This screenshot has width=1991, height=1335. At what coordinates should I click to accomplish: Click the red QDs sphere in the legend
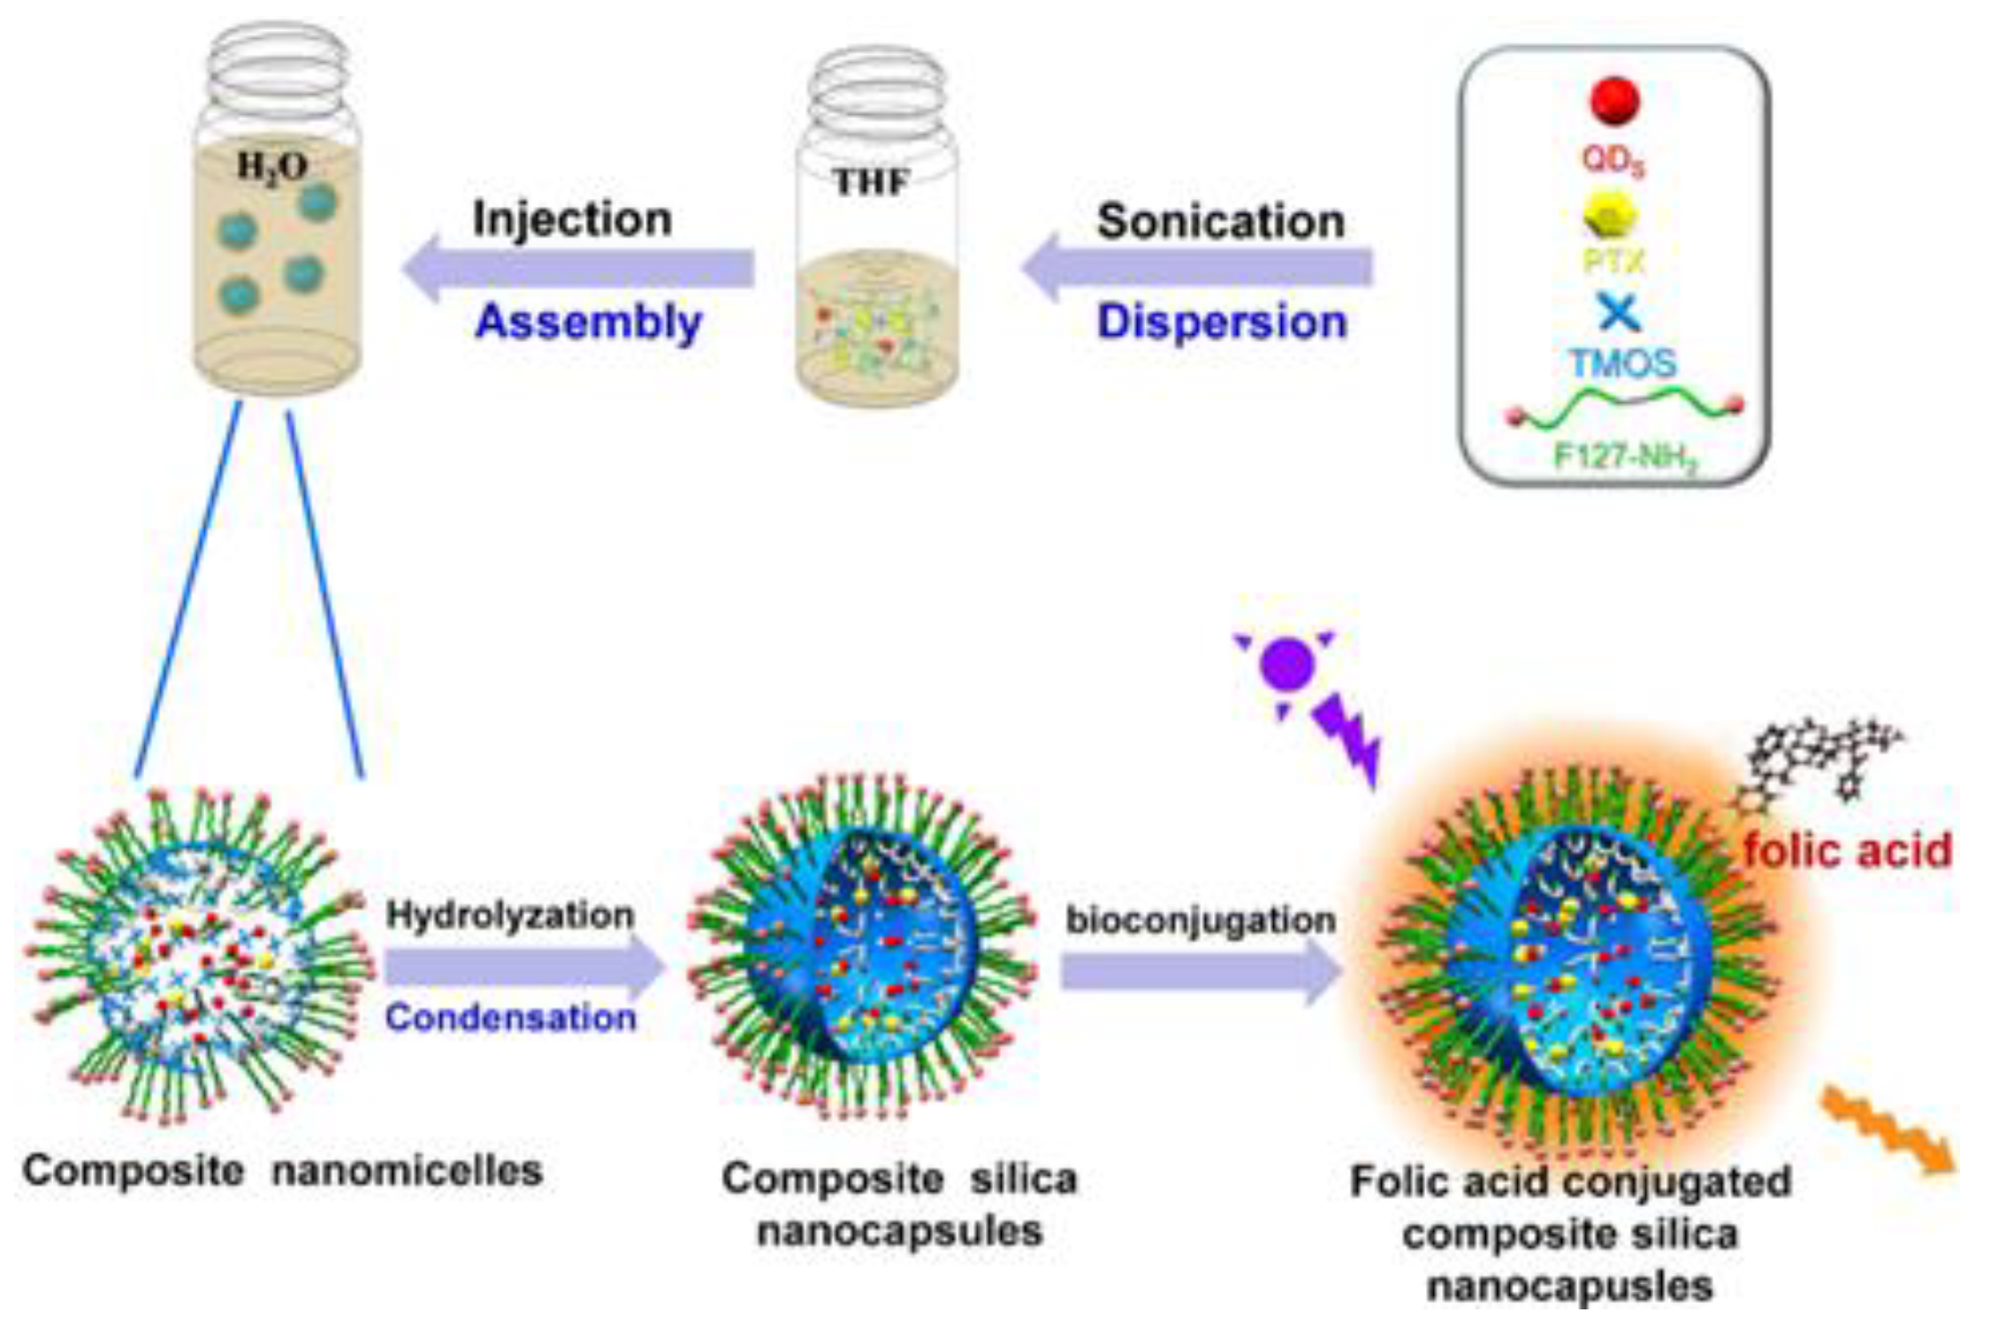(1614, 101)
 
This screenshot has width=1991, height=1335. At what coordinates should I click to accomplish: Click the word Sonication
(1221, 221)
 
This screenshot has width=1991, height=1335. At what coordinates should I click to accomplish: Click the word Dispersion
(1222, 322)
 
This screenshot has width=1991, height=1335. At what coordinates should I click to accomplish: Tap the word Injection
(572, 219)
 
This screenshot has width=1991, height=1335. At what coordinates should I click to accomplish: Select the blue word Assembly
(588, 322)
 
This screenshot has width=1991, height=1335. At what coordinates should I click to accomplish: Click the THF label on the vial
(871, 182)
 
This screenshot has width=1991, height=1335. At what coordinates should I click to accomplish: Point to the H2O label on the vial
(272, 166)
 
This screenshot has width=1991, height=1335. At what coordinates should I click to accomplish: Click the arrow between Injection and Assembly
(579, 270)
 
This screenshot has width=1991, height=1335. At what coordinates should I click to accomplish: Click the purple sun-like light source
(1285, 665)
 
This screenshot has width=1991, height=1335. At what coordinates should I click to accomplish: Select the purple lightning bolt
(1347, 739)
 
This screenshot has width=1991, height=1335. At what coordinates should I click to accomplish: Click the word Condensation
(511, 1018)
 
